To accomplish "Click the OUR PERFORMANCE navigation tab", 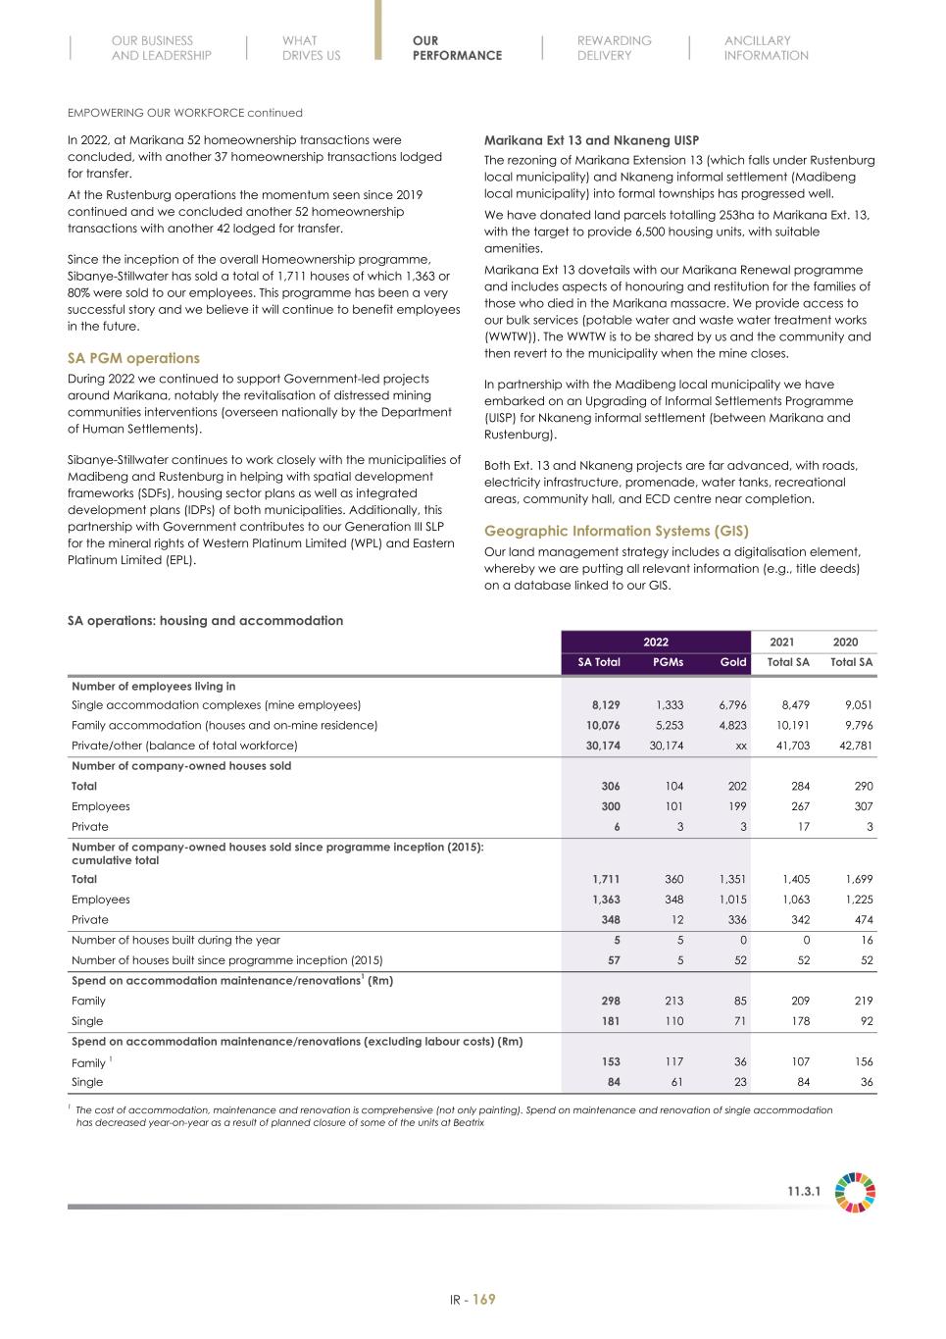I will pyautogui.click(x=457, y=48).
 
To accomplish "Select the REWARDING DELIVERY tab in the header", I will pyautogui.click(x=614, y=48).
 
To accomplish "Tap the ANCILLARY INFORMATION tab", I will pyautogui.click(x=766, y=48).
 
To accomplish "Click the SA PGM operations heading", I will pyautogui.click(x=133, y=358).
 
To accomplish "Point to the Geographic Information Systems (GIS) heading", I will pyautogui.click(x=617, y=531).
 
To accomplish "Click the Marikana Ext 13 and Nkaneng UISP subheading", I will pyautogui.click(x=591, y=140).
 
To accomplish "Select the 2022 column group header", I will pyautogui.click(x=656, y=643).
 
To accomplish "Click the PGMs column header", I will pyautogui.click(x=668, y=662).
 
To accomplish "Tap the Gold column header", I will pyautogui.click(x=732, y=662).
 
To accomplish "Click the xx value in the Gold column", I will pyautogui.click(x=741, y=746).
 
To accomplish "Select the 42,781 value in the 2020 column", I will pyautogui.click(x=851, y=746).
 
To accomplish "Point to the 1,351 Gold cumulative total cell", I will pyautogui.click(x=731, y=879).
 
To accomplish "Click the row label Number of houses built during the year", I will pyautogui.click(x=175, y=940).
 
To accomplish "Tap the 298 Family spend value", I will pyautogui.click(x=610, y=1001).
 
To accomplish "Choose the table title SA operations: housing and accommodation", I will pyautogui.click(x=205, y=621).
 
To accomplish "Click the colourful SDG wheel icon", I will pyautogui.click(x=855, y=1192).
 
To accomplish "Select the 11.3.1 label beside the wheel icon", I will pyautogui.click(x=804, y=1192).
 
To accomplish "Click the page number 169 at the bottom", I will pyautogui.click(x=484, y=1300).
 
